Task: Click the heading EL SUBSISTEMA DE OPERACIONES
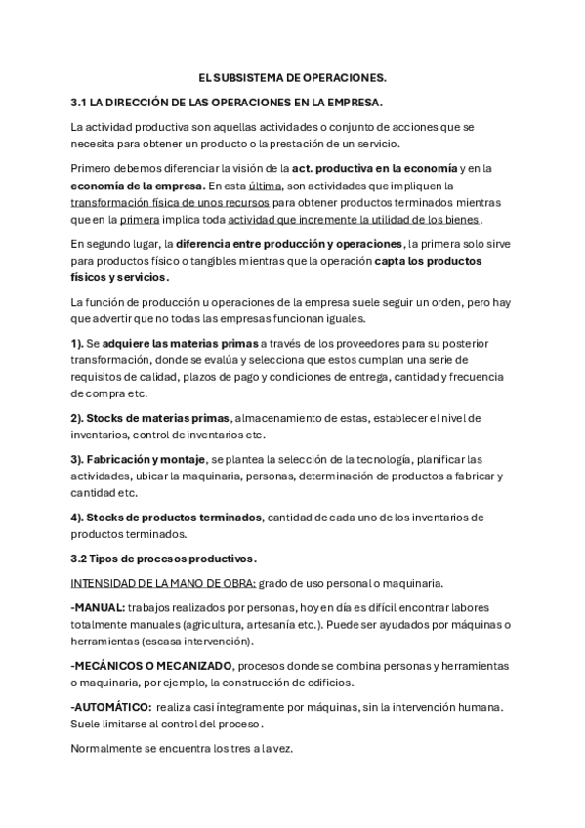tap(292, 76)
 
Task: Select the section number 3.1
tap(80, 102)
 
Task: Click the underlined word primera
tap(139, 220)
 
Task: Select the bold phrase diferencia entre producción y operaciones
tap(289, 243)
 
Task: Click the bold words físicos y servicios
tap(113, 278)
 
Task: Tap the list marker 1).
tap(79, 344)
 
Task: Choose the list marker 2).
tap(79, 417)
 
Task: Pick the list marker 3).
tap(79, 459)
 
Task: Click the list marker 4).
tap(79, 517)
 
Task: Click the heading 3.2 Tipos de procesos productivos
tap(164, 559)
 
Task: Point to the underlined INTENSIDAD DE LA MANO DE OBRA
tap(164, 583)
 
